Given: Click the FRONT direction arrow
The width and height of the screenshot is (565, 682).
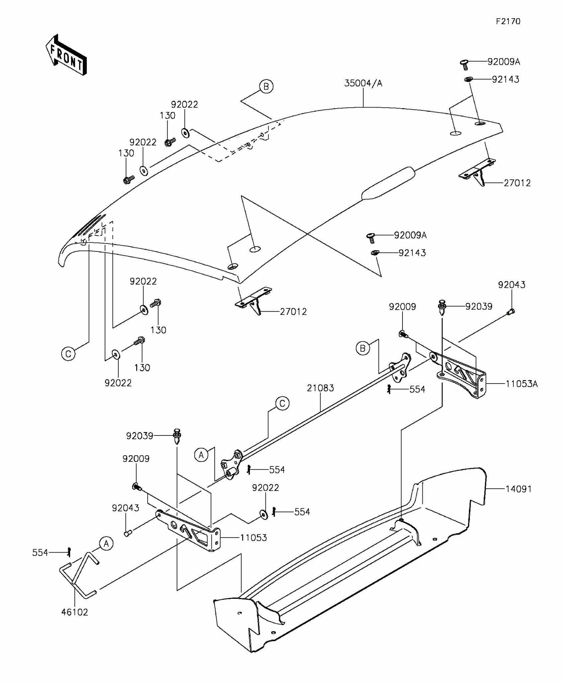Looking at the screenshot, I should [66, 55].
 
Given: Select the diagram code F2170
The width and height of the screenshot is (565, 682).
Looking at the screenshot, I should [508, 22].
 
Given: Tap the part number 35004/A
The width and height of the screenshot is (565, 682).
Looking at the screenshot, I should [363, 83].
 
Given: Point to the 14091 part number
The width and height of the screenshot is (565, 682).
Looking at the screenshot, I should [518, 489].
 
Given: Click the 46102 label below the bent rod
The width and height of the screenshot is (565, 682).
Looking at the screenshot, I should [74, 612].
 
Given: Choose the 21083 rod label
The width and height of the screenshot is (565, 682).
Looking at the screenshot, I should [320, 388].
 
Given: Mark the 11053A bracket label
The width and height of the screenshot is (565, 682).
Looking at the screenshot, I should [521, 384].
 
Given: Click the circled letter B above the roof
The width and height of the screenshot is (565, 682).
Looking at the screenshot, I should [266, 86].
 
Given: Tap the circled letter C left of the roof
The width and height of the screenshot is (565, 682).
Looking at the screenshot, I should [68, 354].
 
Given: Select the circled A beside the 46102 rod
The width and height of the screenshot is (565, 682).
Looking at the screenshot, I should [106, 544].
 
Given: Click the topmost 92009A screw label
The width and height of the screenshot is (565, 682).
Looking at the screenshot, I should [504, 62].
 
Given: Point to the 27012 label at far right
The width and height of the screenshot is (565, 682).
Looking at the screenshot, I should [517, 183].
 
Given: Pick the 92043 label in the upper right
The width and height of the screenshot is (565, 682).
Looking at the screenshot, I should [511, 285].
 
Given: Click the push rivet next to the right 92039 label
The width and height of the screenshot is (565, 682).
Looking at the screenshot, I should [442, 307].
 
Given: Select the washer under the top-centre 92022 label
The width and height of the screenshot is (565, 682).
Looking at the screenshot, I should [185, 132].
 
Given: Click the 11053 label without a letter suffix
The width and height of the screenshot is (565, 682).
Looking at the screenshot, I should [254, 538].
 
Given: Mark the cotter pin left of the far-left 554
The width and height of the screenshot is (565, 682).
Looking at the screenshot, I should [69, 552].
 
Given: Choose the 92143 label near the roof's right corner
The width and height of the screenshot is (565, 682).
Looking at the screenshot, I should [506, 80].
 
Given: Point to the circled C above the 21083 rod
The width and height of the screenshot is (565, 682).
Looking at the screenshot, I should [282, 404].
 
